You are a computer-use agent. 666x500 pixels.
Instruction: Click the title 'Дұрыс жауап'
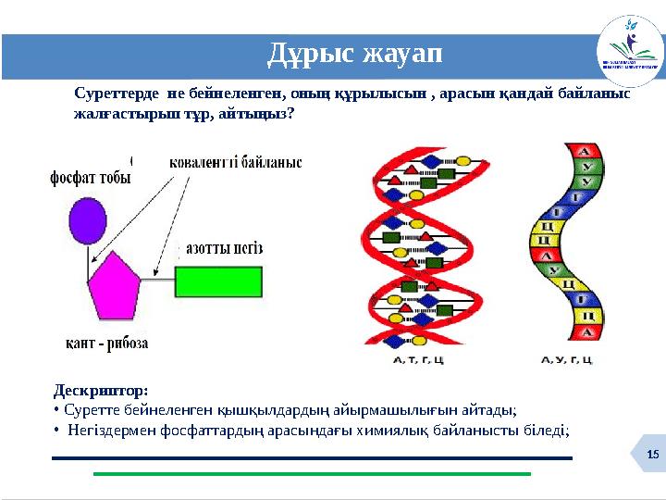click(355, 56)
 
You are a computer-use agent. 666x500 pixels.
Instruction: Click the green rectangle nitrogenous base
click(218, 281)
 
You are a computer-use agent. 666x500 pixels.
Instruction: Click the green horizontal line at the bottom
click(312, 474)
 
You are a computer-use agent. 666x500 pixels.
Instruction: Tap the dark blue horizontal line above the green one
click(312, 458)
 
